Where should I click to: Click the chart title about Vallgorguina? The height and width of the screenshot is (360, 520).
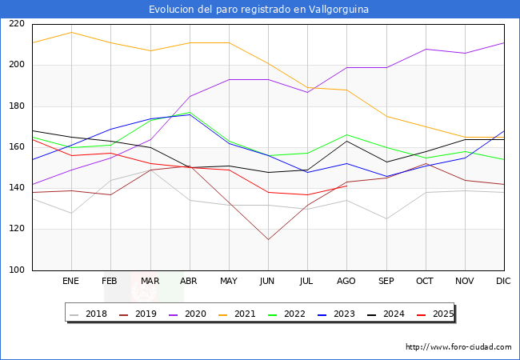(x=260, y=9)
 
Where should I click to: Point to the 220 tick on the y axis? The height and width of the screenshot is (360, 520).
(x=16, y=24)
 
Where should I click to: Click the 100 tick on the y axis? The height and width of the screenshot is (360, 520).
(x=16, y=270)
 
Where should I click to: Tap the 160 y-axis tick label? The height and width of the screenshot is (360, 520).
(x=16, y=147)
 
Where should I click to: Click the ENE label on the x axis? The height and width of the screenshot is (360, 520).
(x=70, y=282)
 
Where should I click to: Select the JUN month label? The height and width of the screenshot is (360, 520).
(x=268, y=282)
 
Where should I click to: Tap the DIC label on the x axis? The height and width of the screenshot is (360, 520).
(x=504, y=282)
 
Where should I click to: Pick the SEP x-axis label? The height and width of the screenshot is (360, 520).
(x=386, y=282)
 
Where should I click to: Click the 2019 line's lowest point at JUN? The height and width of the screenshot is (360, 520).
(x=268, y=239)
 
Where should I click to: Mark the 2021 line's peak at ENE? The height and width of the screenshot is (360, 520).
(x=70, y=32)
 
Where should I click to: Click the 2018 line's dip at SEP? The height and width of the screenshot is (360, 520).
(x=386, y=218)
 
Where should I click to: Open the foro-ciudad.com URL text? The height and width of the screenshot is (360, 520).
(x=458, y=347)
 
